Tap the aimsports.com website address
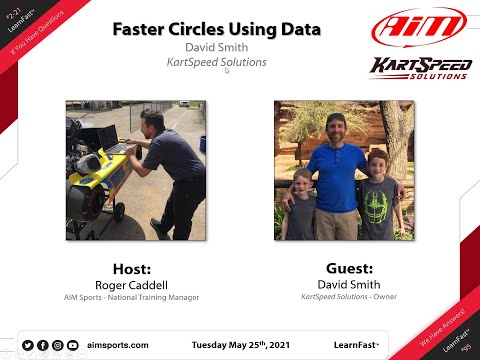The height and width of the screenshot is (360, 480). coord(118,344)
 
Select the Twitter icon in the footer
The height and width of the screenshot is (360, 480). coord(27,345)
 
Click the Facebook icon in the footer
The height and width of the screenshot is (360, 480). coord(42,345)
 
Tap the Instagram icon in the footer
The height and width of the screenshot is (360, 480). coord(57,345)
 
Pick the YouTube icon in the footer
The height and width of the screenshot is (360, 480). coord(72,345)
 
